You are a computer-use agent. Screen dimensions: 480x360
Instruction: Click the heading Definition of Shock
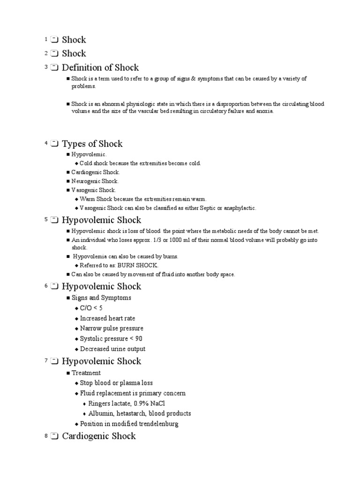coord(100,67)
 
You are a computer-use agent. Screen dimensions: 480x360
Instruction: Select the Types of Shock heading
coord(92,144)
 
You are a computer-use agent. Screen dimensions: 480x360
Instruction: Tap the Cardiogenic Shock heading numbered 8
coord(99,436)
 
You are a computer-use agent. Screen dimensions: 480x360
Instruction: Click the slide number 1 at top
coord(46,40)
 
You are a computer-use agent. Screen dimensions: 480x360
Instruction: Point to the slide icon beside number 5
coord(54,220)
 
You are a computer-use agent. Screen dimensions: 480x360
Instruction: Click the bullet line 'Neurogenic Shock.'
coord(95,181)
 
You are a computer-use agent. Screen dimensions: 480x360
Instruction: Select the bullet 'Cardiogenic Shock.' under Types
coord(96,172)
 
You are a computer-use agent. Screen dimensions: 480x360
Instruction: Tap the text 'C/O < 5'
coord(91,308)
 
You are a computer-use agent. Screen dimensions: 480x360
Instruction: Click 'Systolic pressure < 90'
coord(111,338)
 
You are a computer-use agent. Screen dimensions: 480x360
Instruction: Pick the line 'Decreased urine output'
coord(112,349)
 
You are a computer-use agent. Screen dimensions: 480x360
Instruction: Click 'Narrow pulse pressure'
coord(112,328)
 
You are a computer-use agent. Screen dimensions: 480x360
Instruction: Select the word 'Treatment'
coord(86,373)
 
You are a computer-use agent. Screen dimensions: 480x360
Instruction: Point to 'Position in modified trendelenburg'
coord(129,424)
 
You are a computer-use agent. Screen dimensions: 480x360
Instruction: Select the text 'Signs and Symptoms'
coord(101,298)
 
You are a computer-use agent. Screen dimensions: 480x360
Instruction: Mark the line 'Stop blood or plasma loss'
coord(116,383)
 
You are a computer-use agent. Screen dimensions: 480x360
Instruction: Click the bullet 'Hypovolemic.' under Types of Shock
coord(89,154)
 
